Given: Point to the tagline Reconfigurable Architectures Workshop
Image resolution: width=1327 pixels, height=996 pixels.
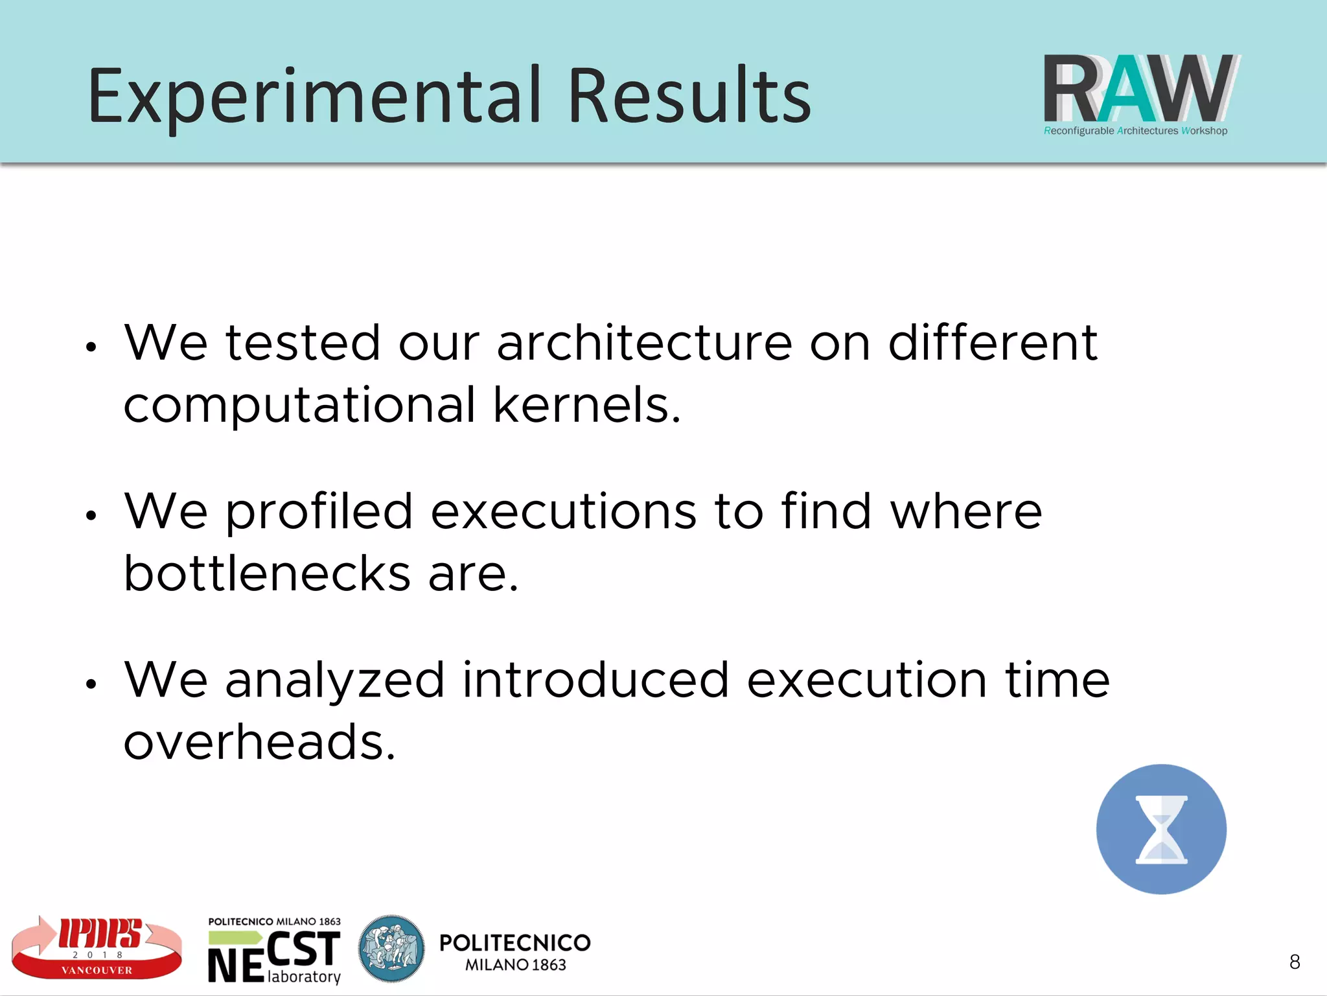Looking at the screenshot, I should pyautogui.click(x=1135, y=131).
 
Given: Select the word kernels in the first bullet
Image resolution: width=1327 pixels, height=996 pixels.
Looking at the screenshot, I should pyautogui.click(x=586, y=405).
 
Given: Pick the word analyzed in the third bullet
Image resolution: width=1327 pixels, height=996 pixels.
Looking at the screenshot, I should pyautogui.click(x=334, y=680).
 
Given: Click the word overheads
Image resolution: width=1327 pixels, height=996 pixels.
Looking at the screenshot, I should pyautogui.click(x=259, y=743).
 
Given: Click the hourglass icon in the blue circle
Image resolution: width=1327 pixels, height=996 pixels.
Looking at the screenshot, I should pyautogui.click(x=1161, y=829).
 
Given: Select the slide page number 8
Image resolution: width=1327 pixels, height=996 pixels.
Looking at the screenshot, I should pyautogui.click(x=1295, y=962).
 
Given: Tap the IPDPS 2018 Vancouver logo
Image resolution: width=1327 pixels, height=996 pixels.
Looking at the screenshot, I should pyautogui.click(x=97, y=947).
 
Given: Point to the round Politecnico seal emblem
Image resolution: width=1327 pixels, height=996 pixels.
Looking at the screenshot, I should pyautogui.click(x=391, y=949).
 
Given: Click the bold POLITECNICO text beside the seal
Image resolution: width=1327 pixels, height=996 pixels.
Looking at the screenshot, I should pyautogui.click(x=514, y=943).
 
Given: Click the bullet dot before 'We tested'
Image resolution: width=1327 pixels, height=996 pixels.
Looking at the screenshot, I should pyautogui.click(x=91, y=347).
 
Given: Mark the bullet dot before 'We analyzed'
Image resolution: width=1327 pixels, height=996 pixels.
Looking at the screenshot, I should pyautogui.click(x=91, y=684).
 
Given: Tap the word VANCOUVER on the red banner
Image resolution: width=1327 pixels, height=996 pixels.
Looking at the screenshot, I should pyautogui.click(x=97, y=970).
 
